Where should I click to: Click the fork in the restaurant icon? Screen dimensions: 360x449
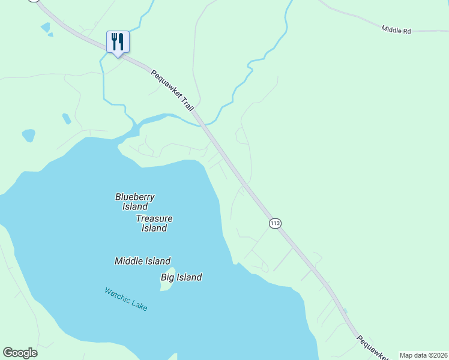coord(114,41)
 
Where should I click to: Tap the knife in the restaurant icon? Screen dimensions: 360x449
coord(121,41)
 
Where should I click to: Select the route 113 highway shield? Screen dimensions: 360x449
coord(274,223)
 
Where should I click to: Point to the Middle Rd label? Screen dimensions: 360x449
coord(396,29)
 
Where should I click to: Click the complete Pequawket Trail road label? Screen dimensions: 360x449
coord(173,91)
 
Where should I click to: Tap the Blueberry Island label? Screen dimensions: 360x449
coord(135,202)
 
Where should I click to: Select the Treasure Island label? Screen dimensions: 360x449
coord(154,223)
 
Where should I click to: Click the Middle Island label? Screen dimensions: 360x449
coord(142,261)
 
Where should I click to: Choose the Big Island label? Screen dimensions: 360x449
coord(181,277)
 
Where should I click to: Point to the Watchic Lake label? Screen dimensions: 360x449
coord(125,299)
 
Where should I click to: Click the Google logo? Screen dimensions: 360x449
coord(20,353)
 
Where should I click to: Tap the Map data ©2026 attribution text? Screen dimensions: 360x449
coord(423,355)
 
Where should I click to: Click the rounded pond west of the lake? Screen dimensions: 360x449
coord(28,136)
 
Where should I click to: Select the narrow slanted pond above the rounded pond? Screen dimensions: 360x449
coord(66,119)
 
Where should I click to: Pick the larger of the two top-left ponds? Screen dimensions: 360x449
coord(45,28)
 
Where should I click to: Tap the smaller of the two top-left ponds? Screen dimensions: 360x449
coord(50,35)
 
